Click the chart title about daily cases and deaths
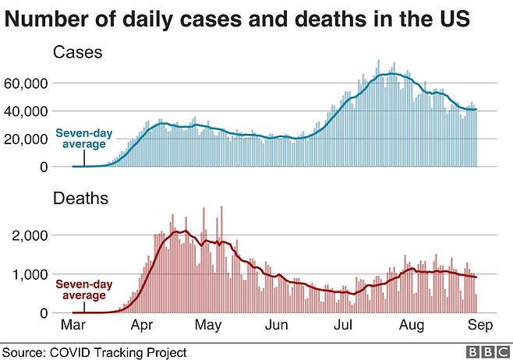pyautogui.click(x=238, y=19)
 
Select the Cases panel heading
pyautogui.click(x=78, y=53)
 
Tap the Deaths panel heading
pyautogui.click(x=81, y=199)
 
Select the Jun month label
pyautogui.click(x=275, y=323)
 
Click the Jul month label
pyautogui.click(x=342, y=323)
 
